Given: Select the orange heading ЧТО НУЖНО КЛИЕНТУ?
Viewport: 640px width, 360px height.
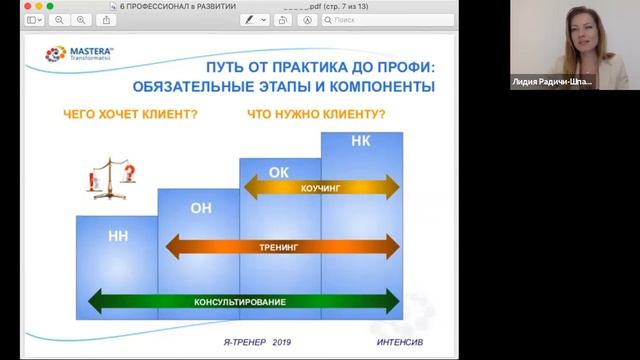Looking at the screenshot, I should click(x=317, y=114).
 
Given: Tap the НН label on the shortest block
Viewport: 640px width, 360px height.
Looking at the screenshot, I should click(x=117, y=238).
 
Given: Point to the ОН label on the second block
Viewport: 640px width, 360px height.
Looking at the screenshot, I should click(x=199, y=208).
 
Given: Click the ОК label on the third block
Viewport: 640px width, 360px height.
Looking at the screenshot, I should click(x=279, y=172).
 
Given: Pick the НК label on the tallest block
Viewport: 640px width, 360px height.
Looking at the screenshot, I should click(x=361, y=142).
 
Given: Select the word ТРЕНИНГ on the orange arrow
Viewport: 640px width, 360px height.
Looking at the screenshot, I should click(x=279, y=243).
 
